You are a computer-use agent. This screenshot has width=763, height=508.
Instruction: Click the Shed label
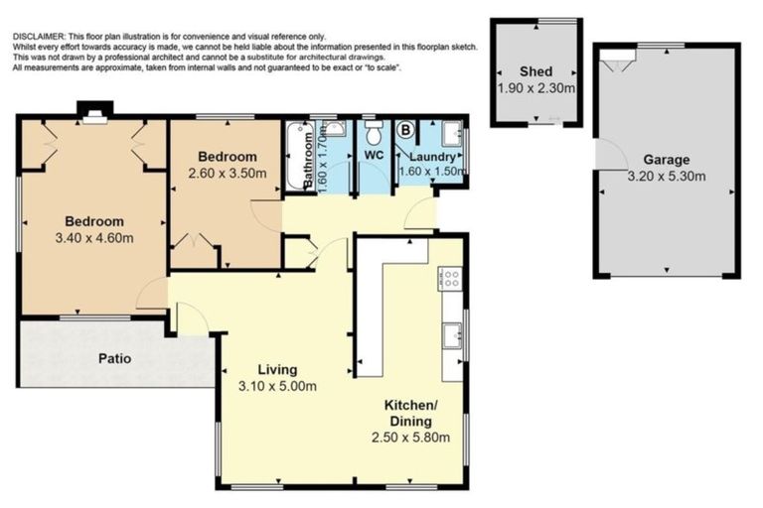point(535,71)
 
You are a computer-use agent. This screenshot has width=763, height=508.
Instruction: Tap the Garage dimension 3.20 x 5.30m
point(667,176)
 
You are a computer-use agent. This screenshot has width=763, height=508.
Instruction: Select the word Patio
point(115,359)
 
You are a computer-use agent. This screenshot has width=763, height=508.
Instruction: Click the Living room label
point(277,370)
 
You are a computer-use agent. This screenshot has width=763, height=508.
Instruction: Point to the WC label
point(375,155)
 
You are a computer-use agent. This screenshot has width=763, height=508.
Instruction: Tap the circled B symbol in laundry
point(405,130)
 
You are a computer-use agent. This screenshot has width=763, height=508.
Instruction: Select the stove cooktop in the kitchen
point(449,279)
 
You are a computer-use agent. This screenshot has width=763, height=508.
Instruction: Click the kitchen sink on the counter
point(452,335)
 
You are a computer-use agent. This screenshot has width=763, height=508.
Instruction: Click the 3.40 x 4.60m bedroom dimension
point(94,238)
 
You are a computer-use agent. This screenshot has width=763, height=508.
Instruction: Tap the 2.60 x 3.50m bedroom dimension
point(228,173)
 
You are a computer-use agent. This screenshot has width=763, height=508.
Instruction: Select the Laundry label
point(432,157)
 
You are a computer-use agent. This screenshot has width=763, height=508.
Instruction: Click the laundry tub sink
point(452,133)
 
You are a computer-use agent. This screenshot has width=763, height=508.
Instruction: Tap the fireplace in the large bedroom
point(95,118)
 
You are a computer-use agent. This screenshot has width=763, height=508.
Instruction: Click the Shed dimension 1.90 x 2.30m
point(536,88)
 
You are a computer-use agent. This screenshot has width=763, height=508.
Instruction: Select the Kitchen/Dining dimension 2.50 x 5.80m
point(410,438)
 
